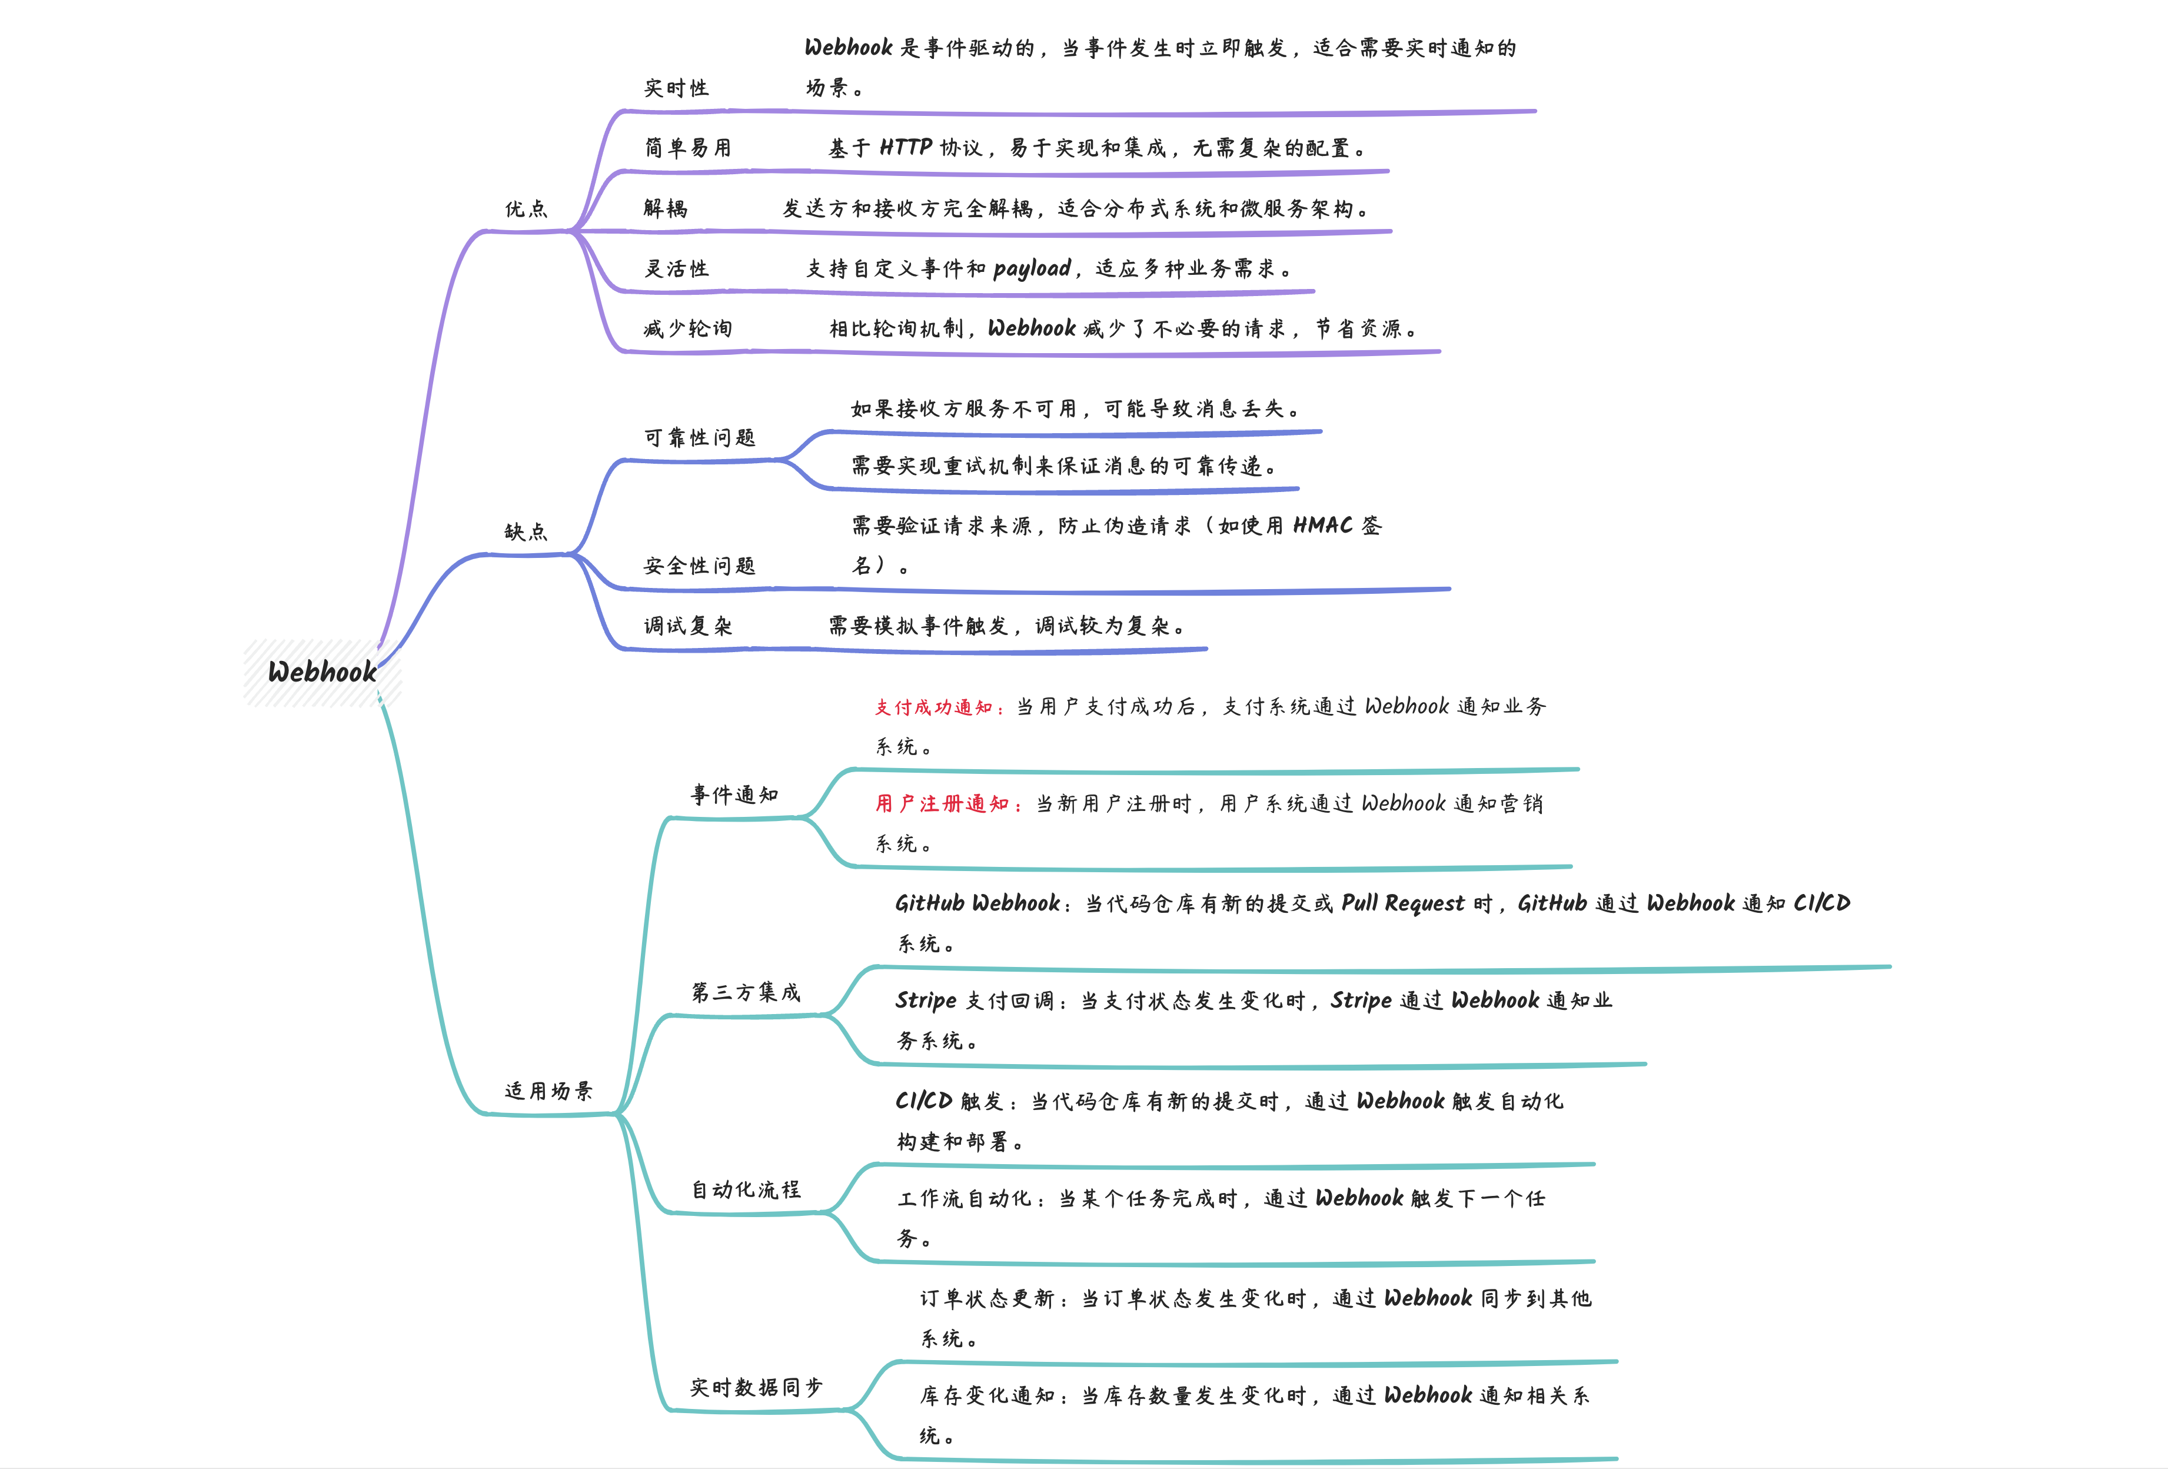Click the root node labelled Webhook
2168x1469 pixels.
tap(322, 672)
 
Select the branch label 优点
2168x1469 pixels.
tap(526, 209)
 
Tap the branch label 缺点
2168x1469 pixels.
tap(526, 531)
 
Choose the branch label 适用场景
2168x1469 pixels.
tap(548, 1091)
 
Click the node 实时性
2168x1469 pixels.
tap(676, 89)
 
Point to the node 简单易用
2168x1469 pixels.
tap(687, 148)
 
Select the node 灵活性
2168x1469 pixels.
tap(676, 268)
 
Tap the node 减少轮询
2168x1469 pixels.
tap(687, 328)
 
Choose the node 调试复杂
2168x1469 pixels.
tap(687, 626)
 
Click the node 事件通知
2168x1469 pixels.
tap(734, 795)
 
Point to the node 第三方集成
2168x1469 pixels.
tap(746, 992)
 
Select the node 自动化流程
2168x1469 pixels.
tap(746, 1189)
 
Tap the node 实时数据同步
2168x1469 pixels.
tap(757, 1387)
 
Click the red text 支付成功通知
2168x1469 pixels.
tap(933, 707)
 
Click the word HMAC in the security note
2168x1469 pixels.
tap(1322, 526)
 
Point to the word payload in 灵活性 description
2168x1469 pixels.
tap(1032, 268)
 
